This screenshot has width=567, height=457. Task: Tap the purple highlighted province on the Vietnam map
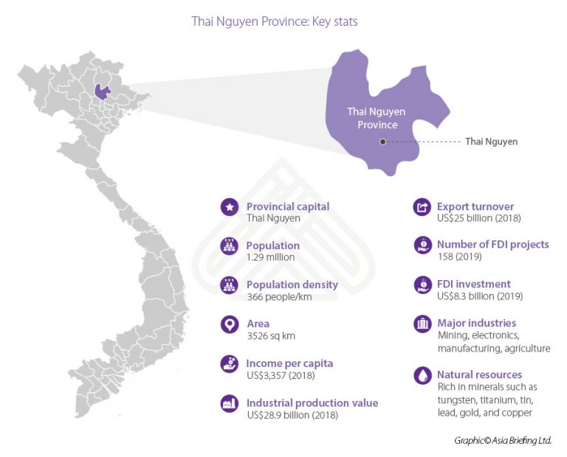click(x=103, y=91)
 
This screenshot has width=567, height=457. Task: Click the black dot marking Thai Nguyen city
click(x=382, y=142)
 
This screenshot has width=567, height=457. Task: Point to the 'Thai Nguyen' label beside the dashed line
click(x=491, y=142)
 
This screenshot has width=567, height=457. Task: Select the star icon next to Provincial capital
click(x=229, y=207)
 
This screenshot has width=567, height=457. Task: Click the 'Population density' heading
click(x=292, y=285)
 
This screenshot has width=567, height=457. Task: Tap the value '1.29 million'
click(x=270, y=257)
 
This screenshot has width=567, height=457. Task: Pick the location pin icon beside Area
click(x=229, y=324)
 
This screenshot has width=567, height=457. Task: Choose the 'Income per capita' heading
click(x=289, y=363)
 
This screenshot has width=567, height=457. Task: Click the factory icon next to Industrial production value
click(x=229, y=404)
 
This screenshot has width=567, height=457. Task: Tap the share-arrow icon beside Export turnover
click(x=421, y=207)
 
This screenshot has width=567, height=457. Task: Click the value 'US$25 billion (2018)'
click(x=481, y=218)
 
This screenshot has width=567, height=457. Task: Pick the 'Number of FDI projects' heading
click(x=492, y=245)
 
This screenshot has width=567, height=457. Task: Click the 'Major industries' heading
click(x=476, y=323)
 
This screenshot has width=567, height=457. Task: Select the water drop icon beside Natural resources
click(x=421, y=375)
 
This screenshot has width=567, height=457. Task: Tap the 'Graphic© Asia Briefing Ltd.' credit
click(x=503, y=440)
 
